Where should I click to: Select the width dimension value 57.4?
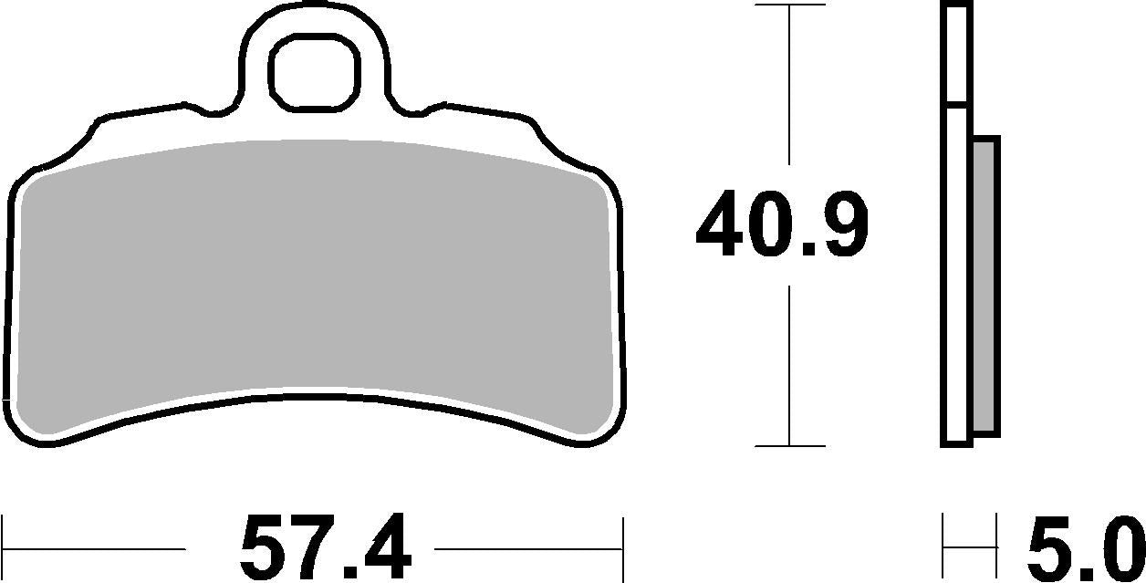coord(326,549)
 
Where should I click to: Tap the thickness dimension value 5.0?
coord(1084,549)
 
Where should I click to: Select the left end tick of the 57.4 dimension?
coord(4,549)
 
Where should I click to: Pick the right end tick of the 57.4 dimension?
coord(622,549)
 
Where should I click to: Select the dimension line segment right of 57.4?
coord(529,550)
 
